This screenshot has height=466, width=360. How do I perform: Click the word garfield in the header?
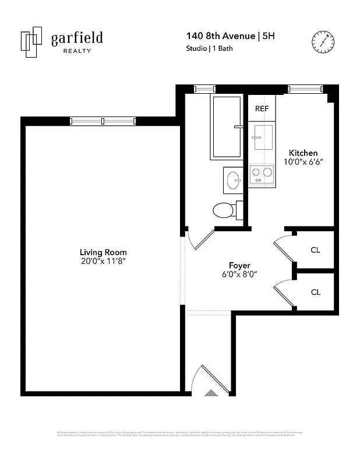point(76,38)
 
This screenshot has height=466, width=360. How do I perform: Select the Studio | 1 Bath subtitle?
point(209,49)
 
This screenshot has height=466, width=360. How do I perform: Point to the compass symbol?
point(322,41)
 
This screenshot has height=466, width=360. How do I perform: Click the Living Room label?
point(104,252)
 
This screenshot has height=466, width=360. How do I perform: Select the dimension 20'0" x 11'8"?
point(104,262)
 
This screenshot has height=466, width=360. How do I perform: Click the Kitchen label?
point(303,153)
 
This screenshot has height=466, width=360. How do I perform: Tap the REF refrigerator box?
point(262,109)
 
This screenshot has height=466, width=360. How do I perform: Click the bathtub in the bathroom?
point(227,126)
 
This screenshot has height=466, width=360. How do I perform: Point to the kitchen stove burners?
point(262,172)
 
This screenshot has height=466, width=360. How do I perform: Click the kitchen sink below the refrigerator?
point(262,139)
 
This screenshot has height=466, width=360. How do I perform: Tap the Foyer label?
point(239,265)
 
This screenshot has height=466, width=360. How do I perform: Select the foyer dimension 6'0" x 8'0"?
point(239,274)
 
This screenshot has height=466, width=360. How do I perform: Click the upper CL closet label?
point(315,250)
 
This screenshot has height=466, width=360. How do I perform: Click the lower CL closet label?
point(315,292)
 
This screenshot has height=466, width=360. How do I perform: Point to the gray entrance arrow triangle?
point(211,393)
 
